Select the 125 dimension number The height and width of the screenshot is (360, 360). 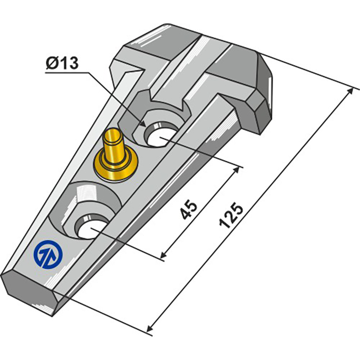[231, 216]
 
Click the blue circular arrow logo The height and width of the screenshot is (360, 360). [48, 254]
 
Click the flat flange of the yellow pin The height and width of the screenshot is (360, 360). [116, 167]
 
